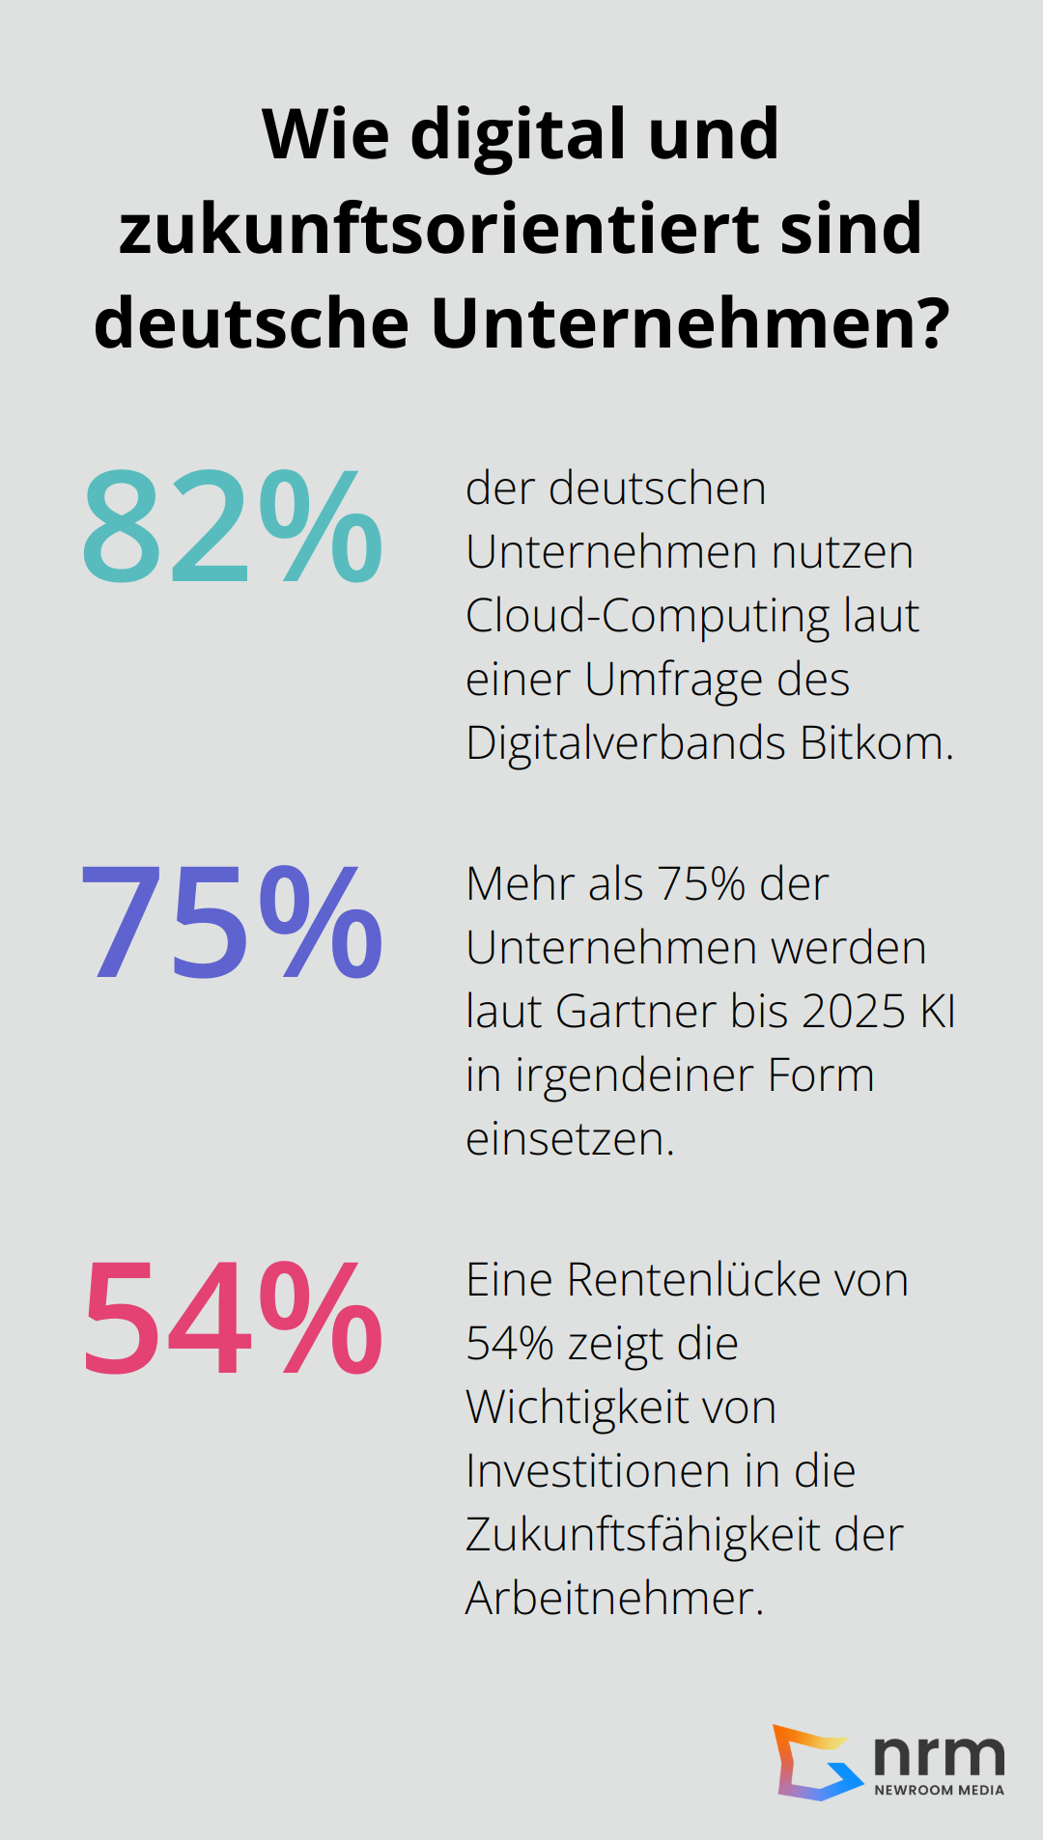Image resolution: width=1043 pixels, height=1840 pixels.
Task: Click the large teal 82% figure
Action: click(233, 527)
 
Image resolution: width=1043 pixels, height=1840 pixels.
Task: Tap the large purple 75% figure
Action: click(233, 923)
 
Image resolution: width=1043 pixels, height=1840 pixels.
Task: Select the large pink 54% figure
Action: click(233, 1319)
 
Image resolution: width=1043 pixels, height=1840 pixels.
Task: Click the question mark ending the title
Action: click(931, 322)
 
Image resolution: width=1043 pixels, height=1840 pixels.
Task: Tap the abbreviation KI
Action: click(938, 1012)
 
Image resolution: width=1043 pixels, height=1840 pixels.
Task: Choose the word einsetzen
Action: click(570, 1139)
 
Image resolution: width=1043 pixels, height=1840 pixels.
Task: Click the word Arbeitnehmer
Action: click(614, 1599)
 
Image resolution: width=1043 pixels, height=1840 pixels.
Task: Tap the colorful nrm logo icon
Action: click(817, 1763)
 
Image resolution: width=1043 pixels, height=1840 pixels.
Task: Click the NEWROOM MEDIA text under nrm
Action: click(939, 1790)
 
